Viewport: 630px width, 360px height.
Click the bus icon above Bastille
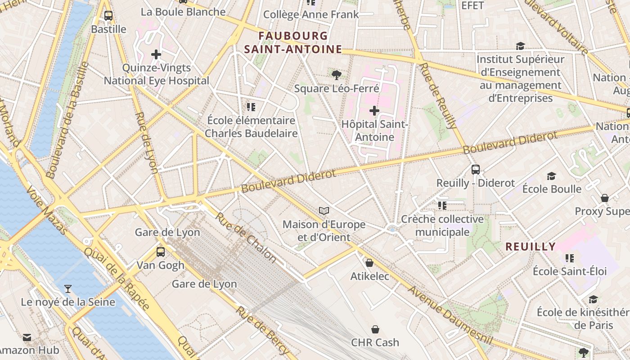point(108,16)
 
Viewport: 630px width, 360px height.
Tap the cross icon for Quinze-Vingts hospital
point(156,55)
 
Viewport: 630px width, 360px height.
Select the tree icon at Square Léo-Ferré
point(336,75)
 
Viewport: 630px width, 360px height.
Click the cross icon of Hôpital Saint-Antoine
point(374,110)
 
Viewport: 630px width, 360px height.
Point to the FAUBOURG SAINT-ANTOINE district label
point(293,42)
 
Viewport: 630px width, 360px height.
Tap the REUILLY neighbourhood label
point(531,247)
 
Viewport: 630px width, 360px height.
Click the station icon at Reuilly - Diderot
point(476,170)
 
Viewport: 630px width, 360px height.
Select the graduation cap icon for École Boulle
point(551,176)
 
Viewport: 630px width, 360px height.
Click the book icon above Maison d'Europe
point(324,211)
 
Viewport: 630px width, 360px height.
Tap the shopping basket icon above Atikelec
point(369,263)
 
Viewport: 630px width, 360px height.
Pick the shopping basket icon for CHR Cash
point(375,329)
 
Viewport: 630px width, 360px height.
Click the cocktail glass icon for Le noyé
point(68,288)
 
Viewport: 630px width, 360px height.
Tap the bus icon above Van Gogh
point(161,252)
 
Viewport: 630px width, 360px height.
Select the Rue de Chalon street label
point(246,237)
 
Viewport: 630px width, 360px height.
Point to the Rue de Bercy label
point(262,331)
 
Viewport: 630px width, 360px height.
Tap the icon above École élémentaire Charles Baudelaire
point(251,107)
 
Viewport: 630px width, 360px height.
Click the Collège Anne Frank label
point(311,14)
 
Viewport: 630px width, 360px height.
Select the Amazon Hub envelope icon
point(27,337)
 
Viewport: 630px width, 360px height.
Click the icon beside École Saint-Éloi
point(570,258)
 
